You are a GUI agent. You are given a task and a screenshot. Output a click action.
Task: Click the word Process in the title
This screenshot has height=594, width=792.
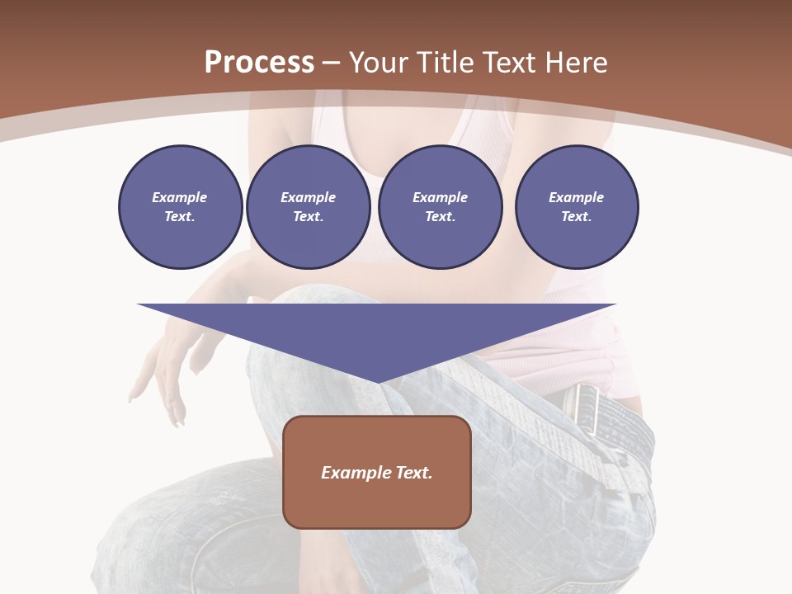click(x=259, y=63)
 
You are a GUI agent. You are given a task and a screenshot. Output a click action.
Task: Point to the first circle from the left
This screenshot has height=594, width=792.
click(x=180, y=207)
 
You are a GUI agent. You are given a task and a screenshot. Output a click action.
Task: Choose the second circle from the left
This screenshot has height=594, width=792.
click(x=308, y=207)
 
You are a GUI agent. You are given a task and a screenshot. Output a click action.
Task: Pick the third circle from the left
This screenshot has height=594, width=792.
click(x=440, y=207)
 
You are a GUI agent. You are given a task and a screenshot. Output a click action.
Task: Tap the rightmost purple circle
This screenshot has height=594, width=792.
click(x=576, y=207)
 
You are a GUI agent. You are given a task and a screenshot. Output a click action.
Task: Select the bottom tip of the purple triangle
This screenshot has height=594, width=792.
click(x=377, y=381)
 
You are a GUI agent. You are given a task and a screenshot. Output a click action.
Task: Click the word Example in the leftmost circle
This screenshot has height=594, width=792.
click(x=180, y=197)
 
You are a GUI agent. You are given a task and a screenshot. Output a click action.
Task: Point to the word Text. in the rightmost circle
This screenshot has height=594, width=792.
click(x=576, y=217)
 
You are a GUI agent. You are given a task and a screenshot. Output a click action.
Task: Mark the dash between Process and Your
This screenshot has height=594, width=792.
click(x=331, y=63)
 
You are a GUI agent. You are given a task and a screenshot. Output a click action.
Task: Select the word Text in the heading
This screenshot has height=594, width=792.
click(x=507, y=63)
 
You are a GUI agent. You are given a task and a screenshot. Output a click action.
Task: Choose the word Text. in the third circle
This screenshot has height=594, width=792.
click(x=440, y=217)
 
